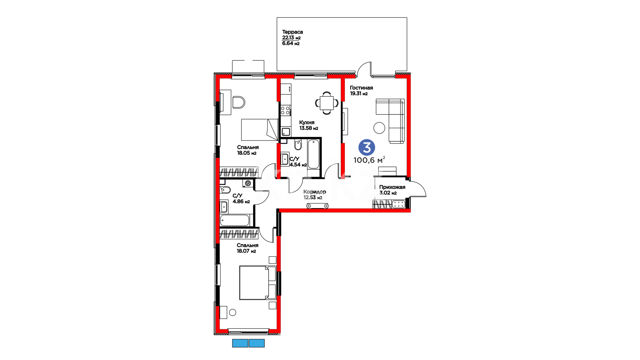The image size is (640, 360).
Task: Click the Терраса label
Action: click(292, 32)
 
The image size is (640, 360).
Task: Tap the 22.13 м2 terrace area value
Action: click(291, 38)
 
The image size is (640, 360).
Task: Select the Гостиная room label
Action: click(361, 88)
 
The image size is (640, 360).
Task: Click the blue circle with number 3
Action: click(367, 147)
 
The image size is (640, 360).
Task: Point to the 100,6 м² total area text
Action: click(369, 160)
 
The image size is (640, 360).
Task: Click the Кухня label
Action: click(307, 122)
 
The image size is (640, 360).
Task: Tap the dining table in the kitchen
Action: click(327, 103)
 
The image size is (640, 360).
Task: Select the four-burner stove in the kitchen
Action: click(285, 110)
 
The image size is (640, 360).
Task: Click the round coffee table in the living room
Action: click(379, 128)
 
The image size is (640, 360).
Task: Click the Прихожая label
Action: click(392, 187)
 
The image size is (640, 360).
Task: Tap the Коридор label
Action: click(315, 192)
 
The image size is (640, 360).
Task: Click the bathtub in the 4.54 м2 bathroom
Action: click(313, 154)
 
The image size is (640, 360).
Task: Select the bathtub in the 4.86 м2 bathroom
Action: click(235, 220)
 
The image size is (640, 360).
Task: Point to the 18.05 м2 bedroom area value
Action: click(247, 153)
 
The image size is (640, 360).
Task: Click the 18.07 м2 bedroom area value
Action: click(246, 251)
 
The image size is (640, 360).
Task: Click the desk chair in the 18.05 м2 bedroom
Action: click(238, 102)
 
